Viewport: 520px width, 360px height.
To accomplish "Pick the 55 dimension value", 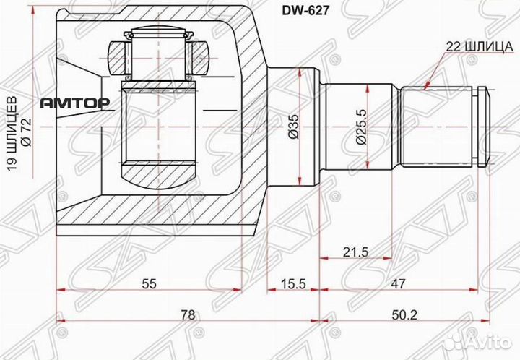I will tap(148, 284).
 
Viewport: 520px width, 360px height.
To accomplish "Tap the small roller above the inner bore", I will tap(159, 53).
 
